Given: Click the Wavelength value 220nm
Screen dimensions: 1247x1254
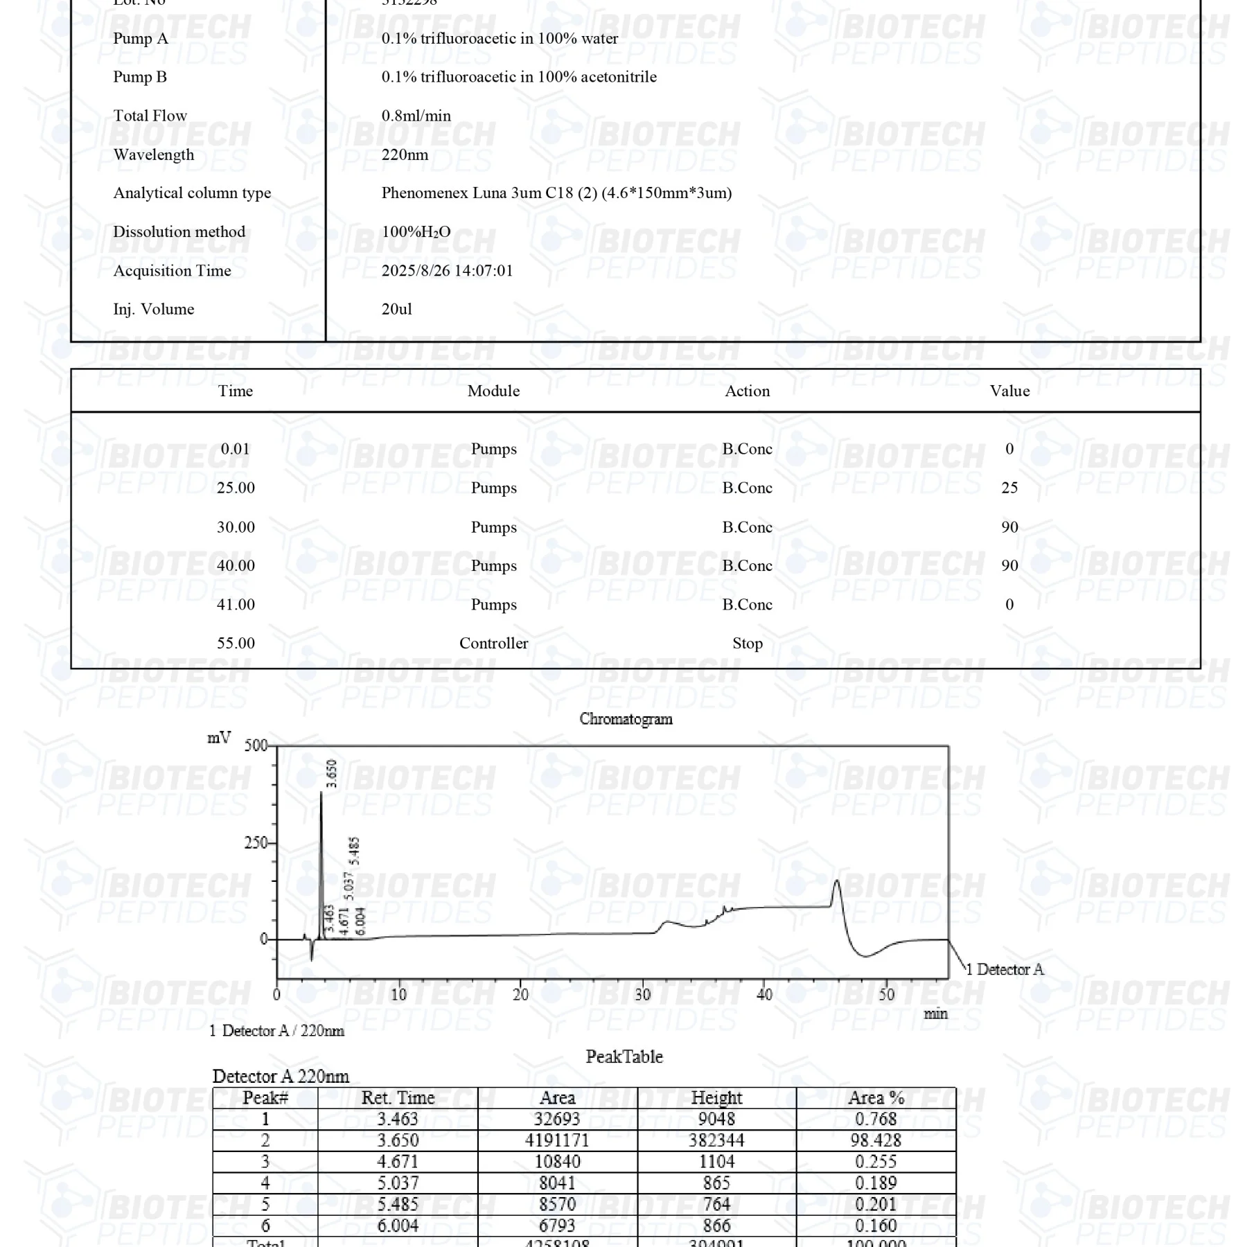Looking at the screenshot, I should click(x=405, y=154).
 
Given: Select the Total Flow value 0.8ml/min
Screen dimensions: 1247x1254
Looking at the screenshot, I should click(x=416, y=116).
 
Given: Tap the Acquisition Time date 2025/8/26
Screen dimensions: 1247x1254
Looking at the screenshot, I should click(x=415, y=271).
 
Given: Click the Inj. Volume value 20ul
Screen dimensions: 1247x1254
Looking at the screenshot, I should click(x=396, y=309).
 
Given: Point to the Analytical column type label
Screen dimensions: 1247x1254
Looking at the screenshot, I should click(x=192, y=193).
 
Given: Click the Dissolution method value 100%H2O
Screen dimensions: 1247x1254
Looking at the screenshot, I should click(x=416, y=232).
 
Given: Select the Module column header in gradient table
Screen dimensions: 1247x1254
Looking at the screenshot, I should click(x=493, y=391).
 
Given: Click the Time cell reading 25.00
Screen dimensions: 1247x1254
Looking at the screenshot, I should click(x=236, y=488).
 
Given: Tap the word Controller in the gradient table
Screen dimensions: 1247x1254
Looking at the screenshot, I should click(x=493, y=644).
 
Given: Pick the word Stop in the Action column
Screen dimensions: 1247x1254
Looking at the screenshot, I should click(x=748, y=644).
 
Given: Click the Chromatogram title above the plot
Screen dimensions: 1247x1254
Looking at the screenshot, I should click(x=626, y=719).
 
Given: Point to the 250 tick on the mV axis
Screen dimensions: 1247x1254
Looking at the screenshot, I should click(x=256, y=843).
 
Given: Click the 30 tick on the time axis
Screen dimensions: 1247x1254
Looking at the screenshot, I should click(x=643, y=995).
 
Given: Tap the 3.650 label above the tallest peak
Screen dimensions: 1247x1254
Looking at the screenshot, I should click(x=332, y=774).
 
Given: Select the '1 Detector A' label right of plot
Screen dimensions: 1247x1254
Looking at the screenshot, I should click(x=1005, y=970).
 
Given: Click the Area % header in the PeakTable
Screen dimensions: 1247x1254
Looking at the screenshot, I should click(x=876, y=1098).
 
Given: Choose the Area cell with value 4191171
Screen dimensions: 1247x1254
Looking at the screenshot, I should click(x=557, y=1140).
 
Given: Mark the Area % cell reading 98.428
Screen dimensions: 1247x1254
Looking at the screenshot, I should click(x=876, y=1140).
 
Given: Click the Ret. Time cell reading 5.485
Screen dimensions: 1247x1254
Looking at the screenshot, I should click(x=398, y=1205).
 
